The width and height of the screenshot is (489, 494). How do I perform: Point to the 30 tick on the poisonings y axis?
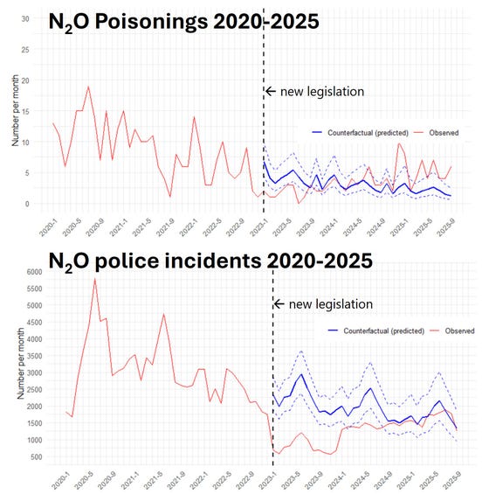pyautogui.click(x=26, y=18)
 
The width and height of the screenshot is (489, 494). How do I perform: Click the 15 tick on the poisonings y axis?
pyautogui.click(x=26, y=111)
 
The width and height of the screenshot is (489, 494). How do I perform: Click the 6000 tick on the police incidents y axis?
pyautogui.click(x=19, y=272)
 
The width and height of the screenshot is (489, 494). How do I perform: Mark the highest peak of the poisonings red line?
pyautogui.click(x=88, y=87)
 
